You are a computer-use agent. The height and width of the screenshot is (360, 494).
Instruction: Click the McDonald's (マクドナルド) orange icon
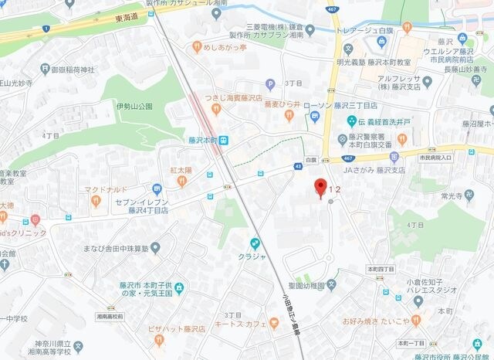96,201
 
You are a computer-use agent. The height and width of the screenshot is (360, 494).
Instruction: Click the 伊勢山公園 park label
136,106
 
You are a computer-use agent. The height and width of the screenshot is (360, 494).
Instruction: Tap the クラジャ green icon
255,243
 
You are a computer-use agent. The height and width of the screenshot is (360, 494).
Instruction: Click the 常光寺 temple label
452,197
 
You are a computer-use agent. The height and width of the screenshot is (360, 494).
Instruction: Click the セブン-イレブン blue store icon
157,188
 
